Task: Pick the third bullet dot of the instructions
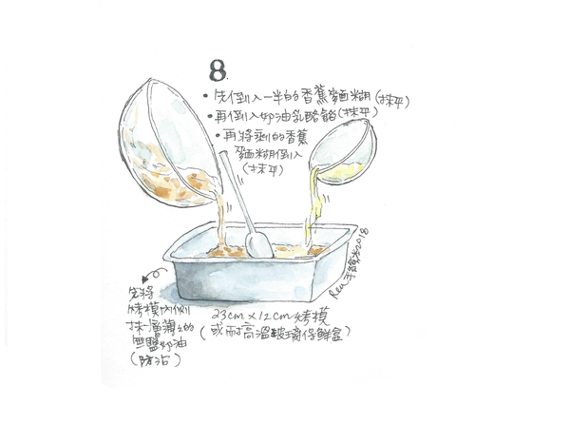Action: point(218,136)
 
